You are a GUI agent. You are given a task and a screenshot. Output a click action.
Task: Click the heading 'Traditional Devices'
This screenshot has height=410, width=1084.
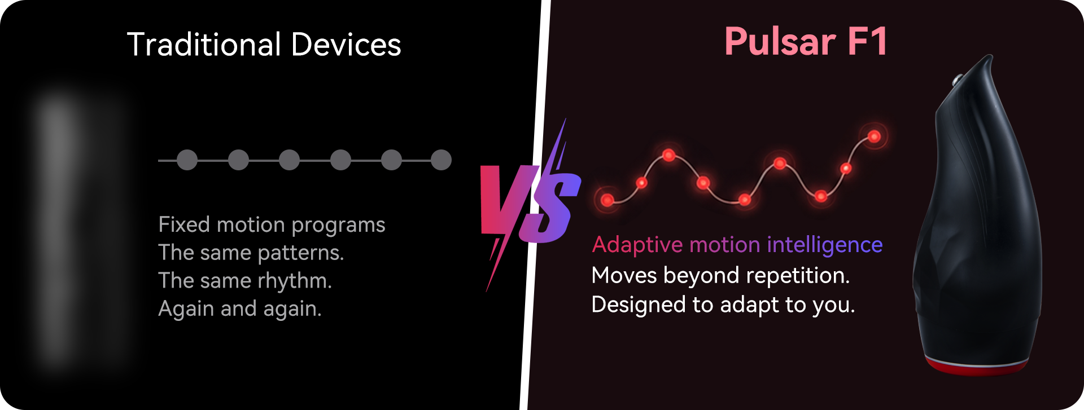264,45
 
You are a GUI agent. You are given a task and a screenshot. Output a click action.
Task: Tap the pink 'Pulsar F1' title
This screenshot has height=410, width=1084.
806,41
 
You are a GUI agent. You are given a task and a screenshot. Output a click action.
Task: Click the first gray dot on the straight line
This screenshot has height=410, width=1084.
187,160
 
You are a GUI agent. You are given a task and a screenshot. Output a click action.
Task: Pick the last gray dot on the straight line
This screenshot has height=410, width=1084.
441,160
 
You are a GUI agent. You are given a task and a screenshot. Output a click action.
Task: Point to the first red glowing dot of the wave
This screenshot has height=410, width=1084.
607,200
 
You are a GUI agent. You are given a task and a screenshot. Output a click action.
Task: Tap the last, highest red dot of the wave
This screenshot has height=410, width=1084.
874,136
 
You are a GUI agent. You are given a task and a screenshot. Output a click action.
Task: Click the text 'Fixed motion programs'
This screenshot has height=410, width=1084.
272,225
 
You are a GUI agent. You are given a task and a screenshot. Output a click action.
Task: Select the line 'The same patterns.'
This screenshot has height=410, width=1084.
251,253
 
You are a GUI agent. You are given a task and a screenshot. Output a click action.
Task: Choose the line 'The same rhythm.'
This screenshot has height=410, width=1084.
245,281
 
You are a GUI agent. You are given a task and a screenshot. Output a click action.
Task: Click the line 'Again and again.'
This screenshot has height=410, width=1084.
240,308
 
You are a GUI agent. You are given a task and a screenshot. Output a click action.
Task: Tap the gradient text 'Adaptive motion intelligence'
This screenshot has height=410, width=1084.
737,245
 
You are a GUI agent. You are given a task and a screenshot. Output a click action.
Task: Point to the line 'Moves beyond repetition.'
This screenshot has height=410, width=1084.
721,276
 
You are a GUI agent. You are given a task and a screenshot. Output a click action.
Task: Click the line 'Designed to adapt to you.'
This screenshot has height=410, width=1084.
723,305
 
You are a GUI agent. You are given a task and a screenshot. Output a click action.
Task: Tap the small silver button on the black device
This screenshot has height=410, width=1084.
958,80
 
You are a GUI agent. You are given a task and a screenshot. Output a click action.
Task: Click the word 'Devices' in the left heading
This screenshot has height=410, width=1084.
346,45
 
